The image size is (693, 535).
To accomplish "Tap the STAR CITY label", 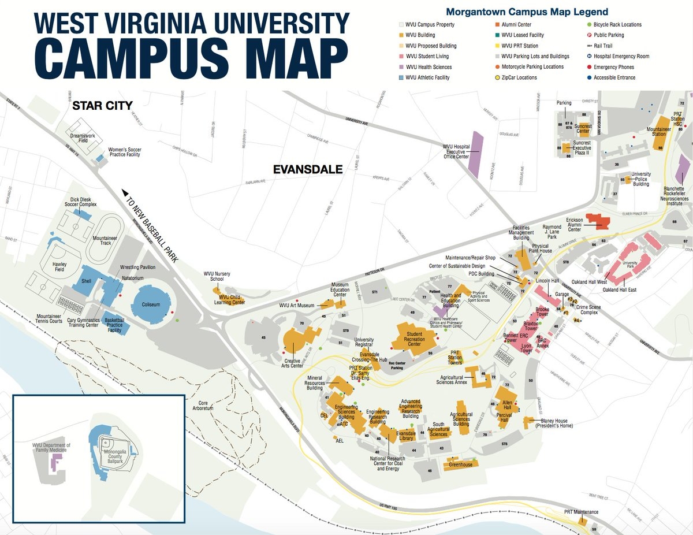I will (x=102, y=106).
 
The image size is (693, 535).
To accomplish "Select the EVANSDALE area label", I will (x=308, y=169).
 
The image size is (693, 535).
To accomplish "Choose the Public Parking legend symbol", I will (x=588, y=35).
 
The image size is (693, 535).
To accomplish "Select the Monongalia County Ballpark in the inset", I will (x=113, y=454).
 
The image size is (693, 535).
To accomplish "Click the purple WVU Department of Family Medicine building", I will (x=57, y=462).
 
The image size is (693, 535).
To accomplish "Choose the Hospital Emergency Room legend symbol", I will (x=588, y=56).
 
